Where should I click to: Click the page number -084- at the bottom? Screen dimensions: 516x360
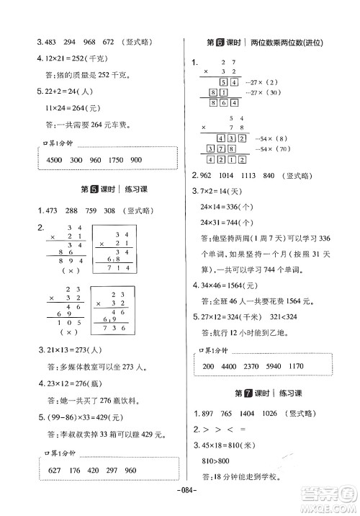(180, 505)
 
